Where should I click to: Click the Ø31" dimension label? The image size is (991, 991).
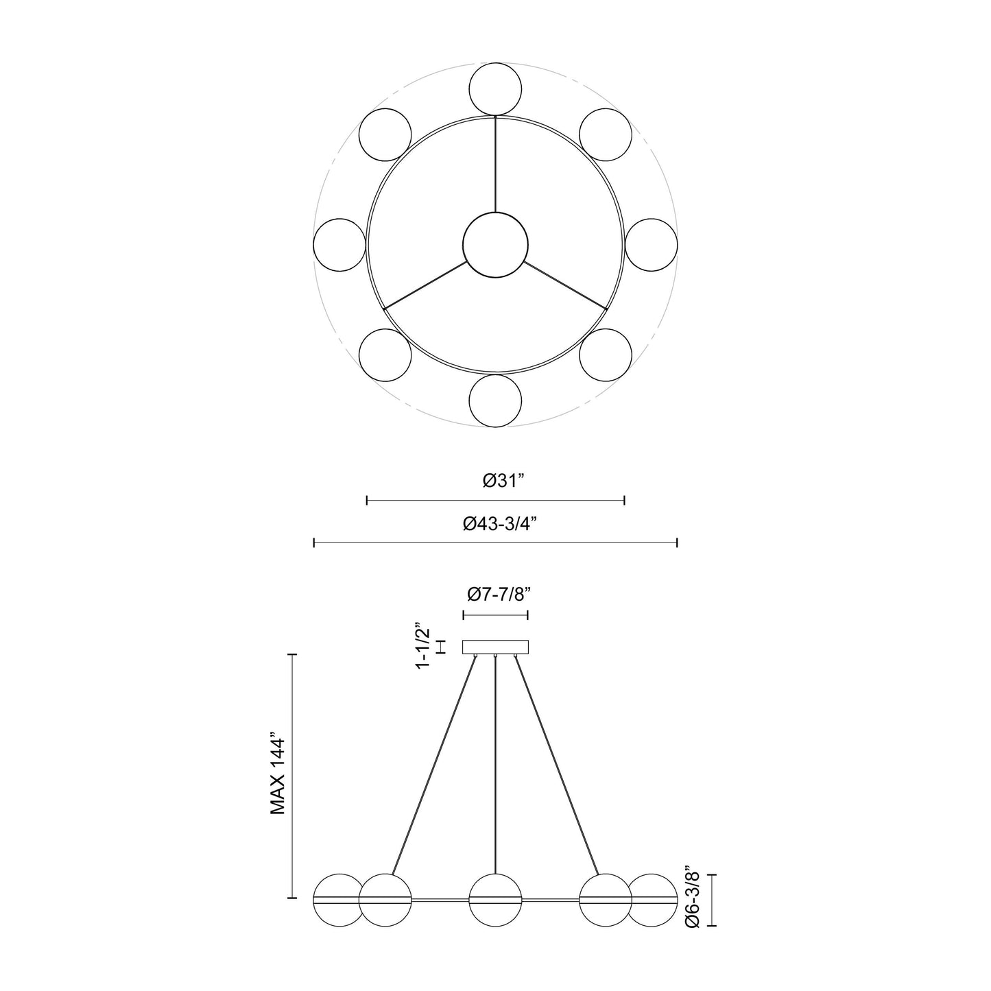coord(503,481)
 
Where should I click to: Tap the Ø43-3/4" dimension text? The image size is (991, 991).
coord(499,524)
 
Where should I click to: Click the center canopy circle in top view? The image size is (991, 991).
coord(495,245)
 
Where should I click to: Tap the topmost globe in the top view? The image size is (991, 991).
coord(495,88)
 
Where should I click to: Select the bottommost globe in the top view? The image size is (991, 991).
coord(495,401)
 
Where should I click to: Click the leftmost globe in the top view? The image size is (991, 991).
coord(339,245)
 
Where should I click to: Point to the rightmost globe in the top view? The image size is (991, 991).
coord(652,245)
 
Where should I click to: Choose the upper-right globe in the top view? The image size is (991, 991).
coord(606,134)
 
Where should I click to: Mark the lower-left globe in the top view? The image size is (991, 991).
coord(385,355)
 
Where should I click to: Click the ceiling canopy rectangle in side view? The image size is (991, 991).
coord(495,647)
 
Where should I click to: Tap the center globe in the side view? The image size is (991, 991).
coord(495,899)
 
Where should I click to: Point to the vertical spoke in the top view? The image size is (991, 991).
coord(495,165)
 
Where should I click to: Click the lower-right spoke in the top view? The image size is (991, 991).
coord(566,285)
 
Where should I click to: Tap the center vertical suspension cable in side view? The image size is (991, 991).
coord(495,761)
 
